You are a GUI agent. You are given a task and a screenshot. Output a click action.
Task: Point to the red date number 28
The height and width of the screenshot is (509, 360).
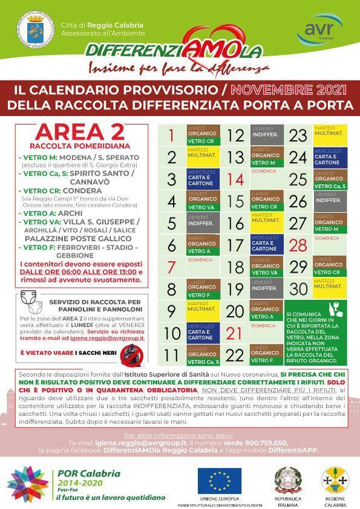(x=298, y=245)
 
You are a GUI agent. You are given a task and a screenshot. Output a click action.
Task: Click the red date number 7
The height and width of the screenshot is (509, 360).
(x=171, y=267)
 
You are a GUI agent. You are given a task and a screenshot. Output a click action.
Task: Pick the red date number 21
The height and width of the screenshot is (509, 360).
(x=234, y=333)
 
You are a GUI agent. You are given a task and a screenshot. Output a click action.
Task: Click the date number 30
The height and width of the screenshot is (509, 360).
(x=298, y=289)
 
